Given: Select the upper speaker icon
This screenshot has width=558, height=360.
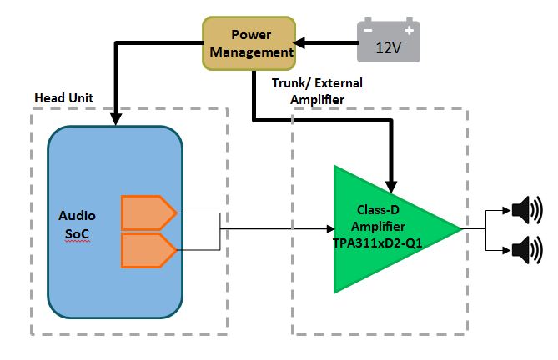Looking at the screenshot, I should click(525, 210).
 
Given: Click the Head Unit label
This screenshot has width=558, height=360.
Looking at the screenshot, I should click(64, 98).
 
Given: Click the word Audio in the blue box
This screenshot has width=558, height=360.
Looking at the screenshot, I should click(76, 215).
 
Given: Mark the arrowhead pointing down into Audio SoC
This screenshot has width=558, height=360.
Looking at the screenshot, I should click(115, 118).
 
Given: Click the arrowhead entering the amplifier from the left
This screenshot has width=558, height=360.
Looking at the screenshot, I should click(327, 227).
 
